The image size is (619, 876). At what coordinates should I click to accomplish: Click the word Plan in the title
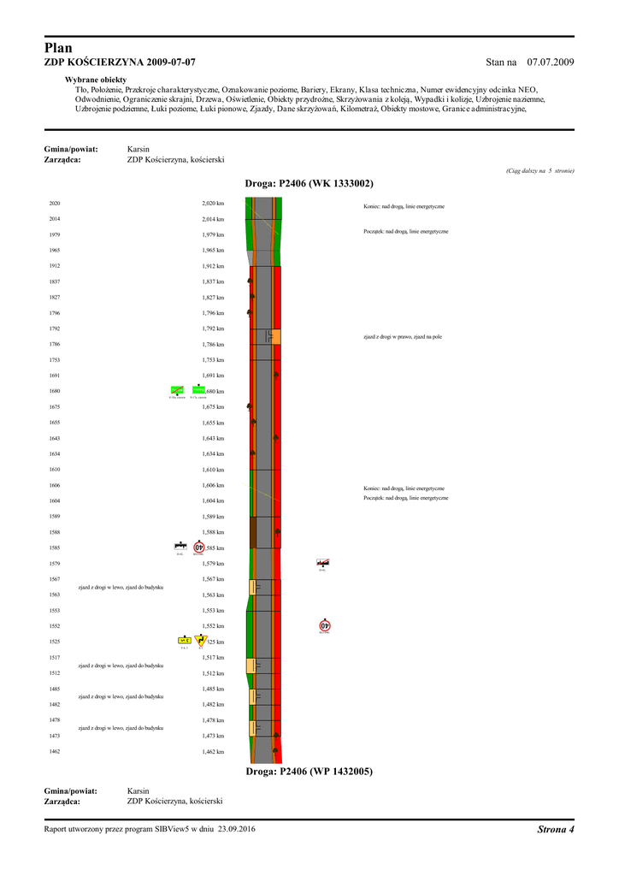(x=58, y=49)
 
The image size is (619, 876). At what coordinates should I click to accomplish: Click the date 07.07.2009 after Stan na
(x=551, y=63)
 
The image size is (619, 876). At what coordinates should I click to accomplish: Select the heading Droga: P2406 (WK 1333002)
(x=309, y=184)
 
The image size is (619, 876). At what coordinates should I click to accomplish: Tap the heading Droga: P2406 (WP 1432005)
(x=309, y=772)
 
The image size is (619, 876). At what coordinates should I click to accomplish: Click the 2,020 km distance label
(x=213, y=204)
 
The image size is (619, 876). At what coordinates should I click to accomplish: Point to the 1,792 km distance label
(x=213, y=328)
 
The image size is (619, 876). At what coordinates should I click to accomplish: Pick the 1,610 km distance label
(x=213, y=470)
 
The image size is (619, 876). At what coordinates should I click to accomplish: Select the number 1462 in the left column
(x=55, y=752)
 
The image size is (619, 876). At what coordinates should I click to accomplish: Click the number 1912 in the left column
(x=55, y=266)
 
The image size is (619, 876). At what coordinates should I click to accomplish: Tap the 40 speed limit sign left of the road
(x=198, y=547)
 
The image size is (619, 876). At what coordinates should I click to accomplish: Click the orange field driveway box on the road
(x=274, y=336)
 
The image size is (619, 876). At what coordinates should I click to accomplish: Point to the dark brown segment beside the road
(x=253, y=532)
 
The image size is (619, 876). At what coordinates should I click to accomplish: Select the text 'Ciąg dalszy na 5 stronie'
(x=540, y=171)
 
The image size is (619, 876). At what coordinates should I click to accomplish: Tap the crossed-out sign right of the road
(x=322, y=563)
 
